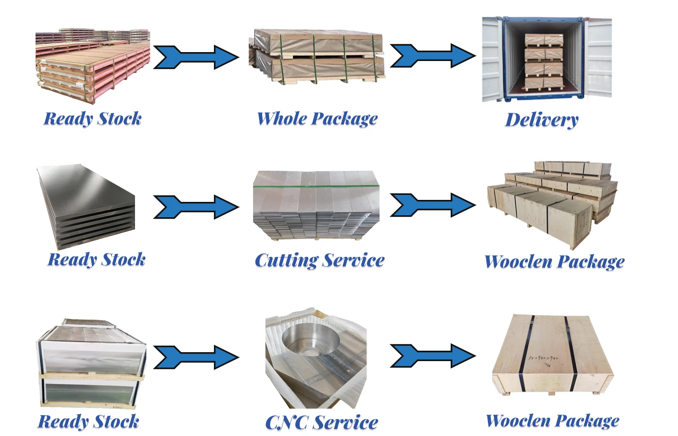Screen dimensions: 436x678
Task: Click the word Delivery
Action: [x=542, y=120]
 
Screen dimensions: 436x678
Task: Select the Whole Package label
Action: [x=317, y=119]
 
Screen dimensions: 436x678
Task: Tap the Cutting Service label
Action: [x=319, y=260]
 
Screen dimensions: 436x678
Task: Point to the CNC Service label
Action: [x=322, y=423]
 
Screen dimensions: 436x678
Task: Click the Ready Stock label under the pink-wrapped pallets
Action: [x=93, y=119]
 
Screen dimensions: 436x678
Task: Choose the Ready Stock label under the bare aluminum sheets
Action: [x=97, y=259]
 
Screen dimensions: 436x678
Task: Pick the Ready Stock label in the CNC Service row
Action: [x=88, y=422]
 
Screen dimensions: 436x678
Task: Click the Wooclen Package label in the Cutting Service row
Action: [x=554, y=261]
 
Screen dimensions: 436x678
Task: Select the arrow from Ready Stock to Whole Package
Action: [x=196, y=57]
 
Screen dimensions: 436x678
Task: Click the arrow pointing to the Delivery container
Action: [x=432, y=56]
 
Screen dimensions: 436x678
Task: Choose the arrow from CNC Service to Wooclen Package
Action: [x=432, y=355]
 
